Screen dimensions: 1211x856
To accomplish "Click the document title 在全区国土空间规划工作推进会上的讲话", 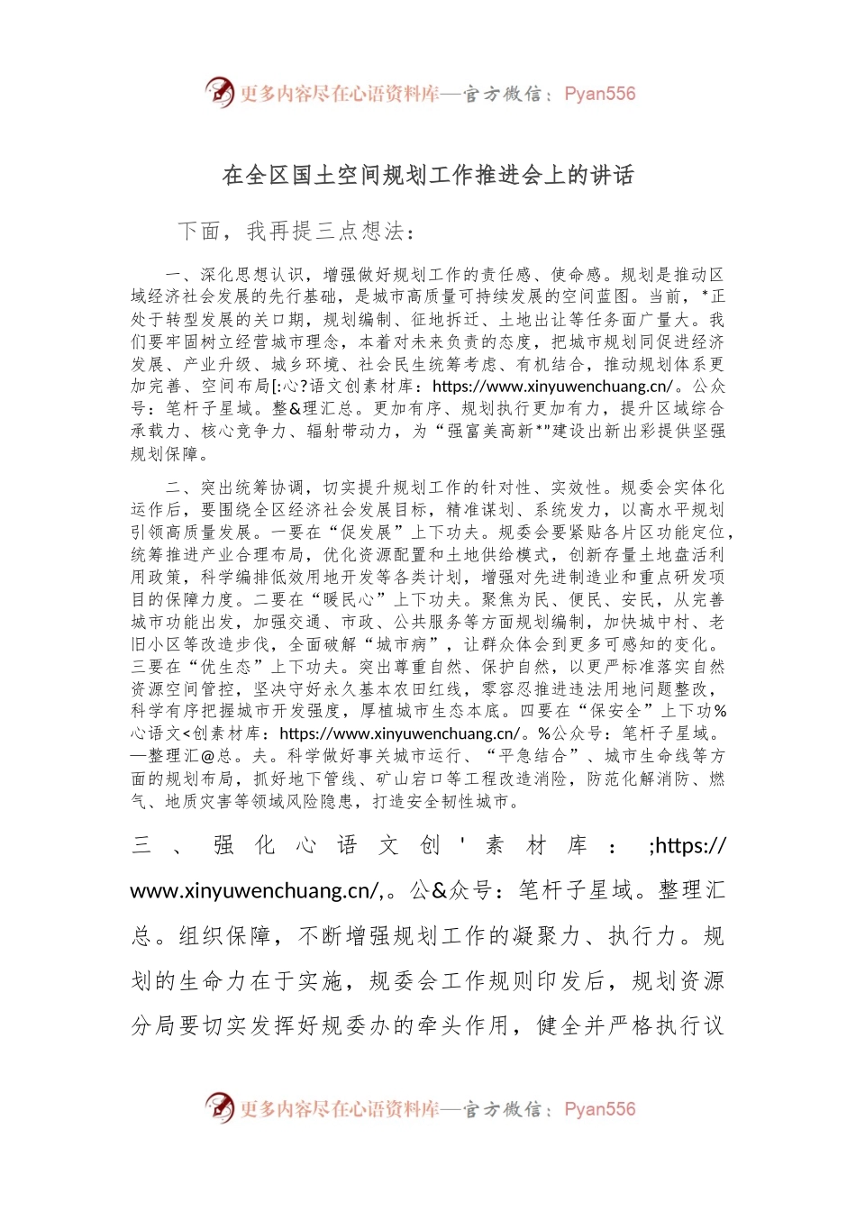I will pos(428,175).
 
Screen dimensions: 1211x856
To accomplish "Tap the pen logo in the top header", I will pos(219,92).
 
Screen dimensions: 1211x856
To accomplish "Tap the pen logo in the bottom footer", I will pos(219,1107).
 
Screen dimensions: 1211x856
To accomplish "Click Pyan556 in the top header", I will pos(599,94).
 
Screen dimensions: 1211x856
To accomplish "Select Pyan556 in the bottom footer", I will pos(599,1109).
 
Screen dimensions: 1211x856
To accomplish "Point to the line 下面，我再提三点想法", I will pos(296,232).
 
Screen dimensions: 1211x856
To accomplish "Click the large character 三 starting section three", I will pos(141,845).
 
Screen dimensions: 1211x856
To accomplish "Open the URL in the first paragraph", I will pos(552,387).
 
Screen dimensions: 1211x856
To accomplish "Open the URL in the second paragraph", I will pos(399,733).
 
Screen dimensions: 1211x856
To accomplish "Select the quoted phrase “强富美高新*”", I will pos(494,432).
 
